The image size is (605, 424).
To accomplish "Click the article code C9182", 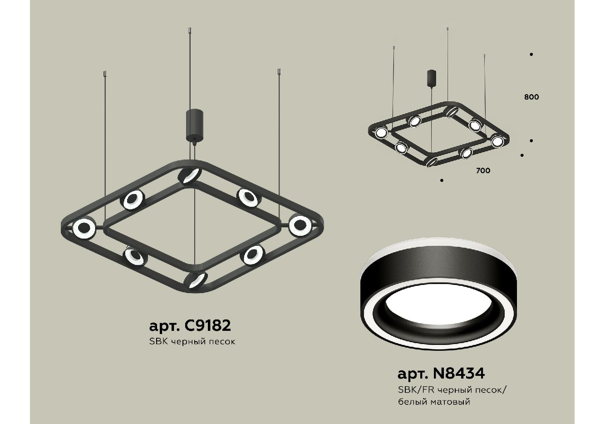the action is [x=207, y=325].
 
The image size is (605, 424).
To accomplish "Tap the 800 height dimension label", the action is [x=531, y=97].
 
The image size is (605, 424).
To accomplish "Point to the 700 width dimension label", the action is [x=483, y=170].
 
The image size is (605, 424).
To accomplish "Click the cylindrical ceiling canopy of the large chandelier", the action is [x=194, y=125].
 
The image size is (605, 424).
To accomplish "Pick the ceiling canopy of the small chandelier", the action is [x=432, y=78].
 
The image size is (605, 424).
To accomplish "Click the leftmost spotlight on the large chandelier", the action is [x=84, y=229].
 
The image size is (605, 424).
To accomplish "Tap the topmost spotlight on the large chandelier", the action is [x=190, y=176].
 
